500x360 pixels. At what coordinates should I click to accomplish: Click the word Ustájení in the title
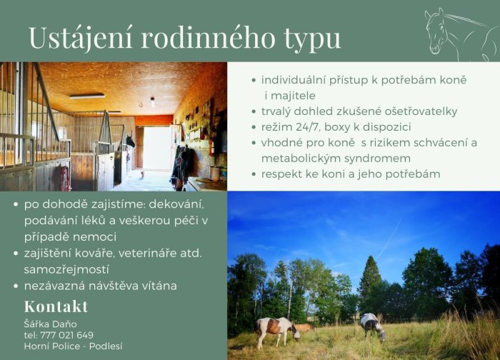[x=80, y=39]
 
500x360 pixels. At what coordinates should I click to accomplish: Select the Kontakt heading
[x=56, y=306]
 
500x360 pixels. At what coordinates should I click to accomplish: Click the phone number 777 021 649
[x=67, y=335]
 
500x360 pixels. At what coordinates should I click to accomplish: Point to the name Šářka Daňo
[x=51, y=324]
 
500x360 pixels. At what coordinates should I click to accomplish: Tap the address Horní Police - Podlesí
[x=73, y=346]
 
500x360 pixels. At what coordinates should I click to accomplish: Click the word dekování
[x=176, y=204]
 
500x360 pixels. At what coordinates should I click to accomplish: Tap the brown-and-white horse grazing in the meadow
[x=277, y=331]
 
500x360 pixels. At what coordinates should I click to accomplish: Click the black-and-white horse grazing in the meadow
[x=372, y=326]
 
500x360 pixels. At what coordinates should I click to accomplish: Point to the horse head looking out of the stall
[x=130, y=141]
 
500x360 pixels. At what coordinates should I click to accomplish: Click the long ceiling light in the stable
[x=87, y=96]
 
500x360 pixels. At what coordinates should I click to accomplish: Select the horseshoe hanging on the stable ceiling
[x=141, y=104]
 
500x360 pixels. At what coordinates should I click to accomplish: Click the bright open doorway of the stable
[x=157, y=149]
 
